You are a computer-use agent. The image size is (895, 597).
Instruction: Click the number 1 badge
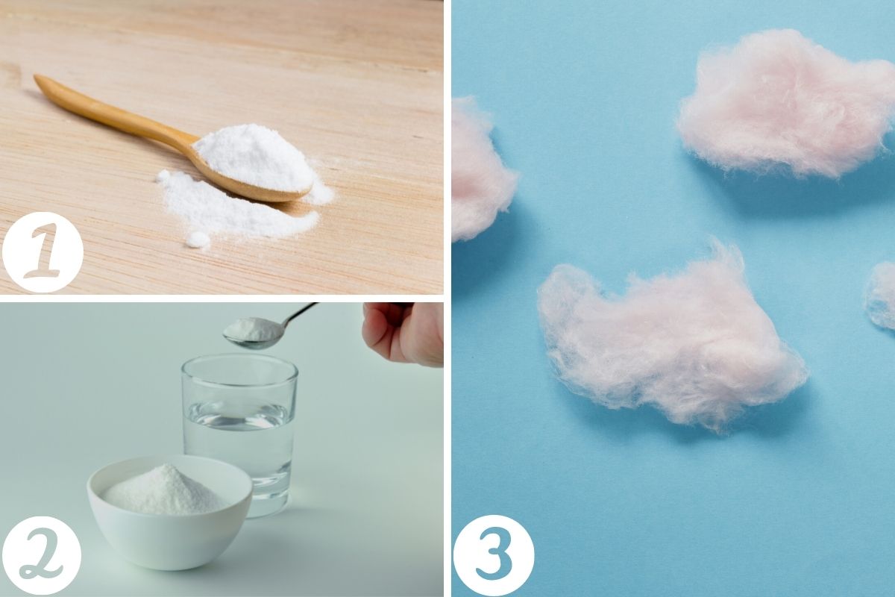coord(43,252)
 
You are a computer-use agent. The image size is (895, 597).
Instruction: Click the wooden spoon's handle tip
coord(37,78)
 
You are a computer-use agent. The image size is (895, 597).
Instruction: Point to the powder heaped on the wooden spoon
coord(254,157)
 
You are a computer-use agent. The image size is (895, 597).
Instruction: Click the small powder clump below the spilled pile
coord(198,240)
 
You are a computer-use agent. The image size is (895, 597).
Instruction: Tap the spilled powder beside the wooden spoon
coord(236,208)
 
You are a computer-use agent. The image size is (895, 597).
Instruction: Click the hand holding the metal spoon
coord(404,333)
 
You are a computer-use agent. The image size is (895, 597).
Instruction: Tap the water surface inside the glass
coord(239,416)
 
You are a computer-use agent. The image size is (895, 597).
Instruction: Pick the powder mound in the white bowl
coord(165,491)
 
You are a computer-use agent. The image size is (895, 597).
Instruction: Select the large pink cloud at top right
coord(785,104)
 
